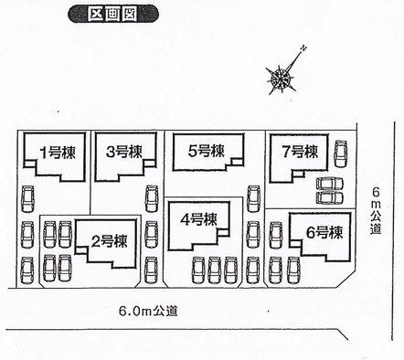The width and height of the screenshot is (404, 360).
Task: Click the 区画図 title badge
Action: coord(102,15)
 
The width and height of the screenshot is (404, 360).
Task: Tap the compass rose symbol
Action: coord(281,78)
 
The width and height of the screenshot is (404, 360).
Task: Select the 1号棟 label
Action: coord(55,152)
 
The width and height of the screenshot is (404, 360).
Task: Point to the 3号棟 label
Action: coord(123,152)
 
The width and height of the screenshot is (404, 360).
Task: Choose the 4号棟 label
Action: coord(197,219)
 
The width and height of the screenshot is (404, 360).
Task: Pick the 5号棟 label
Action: coord(207,151)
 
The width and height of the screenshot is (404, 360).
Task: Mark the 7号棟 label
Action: coord(299,152)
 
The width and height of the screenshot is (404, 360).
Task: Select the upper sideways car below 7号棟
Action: coord(325,182)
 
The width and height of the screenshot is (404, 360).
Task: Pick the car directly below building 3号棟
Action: coord(151,198)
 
